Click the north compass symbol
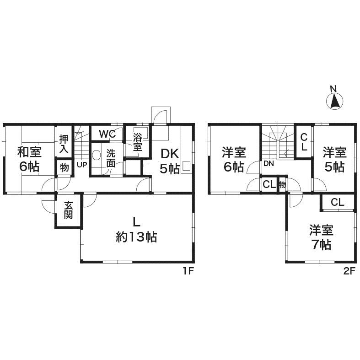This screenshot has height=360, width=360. [x=335, y=100]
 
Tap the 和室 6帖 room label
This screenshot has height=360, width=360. [x=29, y=158]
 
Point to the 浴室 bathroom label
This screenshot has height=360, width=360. [x=138, y=142]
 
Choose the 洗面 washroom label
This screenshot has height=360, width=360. [x=111, y=158]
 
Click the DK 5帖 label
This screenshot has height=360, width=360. [x=169, y=161]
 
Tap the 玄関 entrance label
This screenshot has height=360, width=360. [x=68, y=211]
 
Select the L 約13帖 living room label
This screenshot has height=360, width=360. [x=136, y=230]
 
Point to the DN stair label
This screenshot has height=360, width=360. [x=269, y=163]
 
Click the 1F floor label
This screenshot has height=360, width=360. [x=188, y=271]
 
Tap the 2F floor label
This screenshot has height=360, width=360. [x=349, y=271]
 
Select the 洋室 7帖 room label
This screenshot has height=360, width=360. [x=321, y=237]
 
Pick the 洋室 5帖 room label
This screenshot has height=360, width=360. [x=334, y=159]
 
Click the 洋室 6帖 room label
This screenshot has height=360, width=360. [x=234, y=159]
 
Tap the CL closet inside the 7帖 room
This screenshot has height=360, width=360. [x=338, y=202]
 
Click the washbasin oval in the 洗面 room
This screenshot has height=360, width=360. [x=96, y=155]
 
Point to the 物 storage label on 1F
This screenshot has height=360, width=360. [x=64, y=168]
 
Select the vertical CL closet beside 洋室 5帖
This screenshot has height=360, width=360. [x=303, y=141]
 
